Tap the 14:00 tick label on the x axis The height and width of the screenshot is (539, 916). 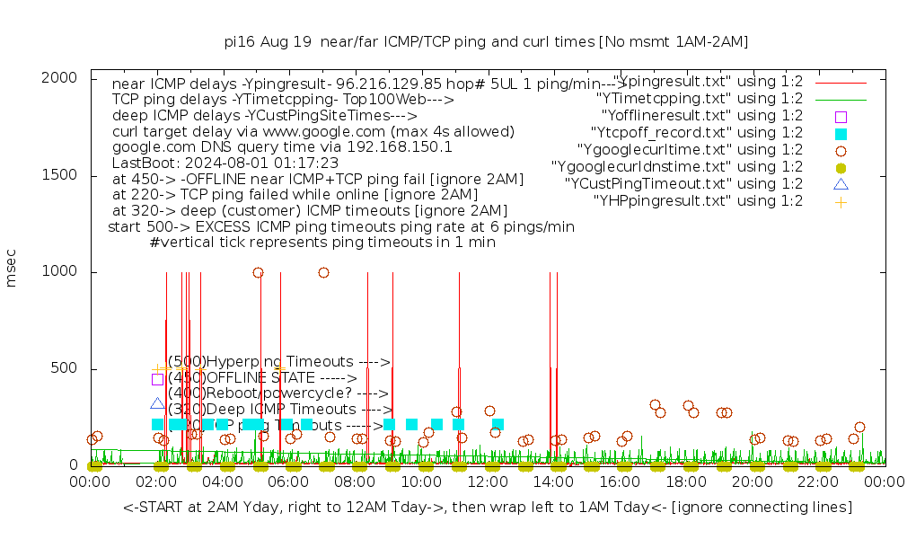554,482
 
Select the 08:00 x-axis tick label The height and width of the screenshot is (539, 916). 356,482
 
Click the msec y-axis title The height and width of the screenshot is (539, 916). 12,271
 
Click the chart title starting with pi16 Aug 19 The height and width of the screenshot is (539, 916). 486,42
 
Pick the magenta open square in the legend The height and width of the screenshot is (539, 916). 841,116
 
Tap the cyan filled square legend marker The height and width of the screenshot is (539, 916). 841,133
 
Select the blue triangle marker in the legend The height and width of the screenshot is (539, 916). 841,184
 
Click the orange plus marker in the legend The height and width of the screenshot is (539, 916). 841,201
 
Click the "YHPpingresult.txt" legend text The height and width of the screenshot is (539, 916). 698,201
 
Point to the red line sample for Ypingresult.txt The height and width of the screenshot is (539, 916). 841,82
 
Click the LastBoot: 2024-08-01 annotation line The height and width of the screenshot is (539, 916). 225,163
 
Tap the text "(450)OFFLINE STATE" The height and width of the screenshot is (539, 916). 262,378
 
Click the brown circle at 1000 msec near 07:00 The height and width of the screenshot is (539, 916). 323,272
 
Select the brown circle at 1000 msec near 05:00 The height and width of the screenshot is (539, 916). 258,272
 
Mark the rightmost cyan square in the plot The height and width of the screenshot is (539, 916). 498,424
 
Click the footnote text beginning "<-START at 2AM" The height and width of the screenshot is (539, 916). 488,508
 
